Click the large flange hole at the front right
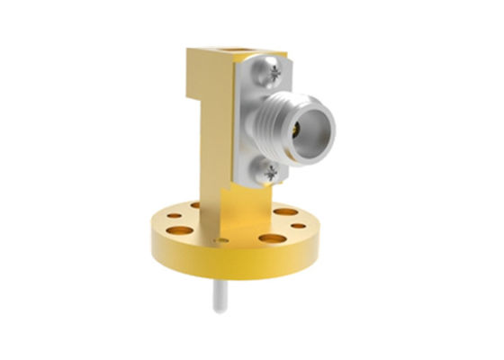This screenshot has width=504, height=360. [x=272, y=238]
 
